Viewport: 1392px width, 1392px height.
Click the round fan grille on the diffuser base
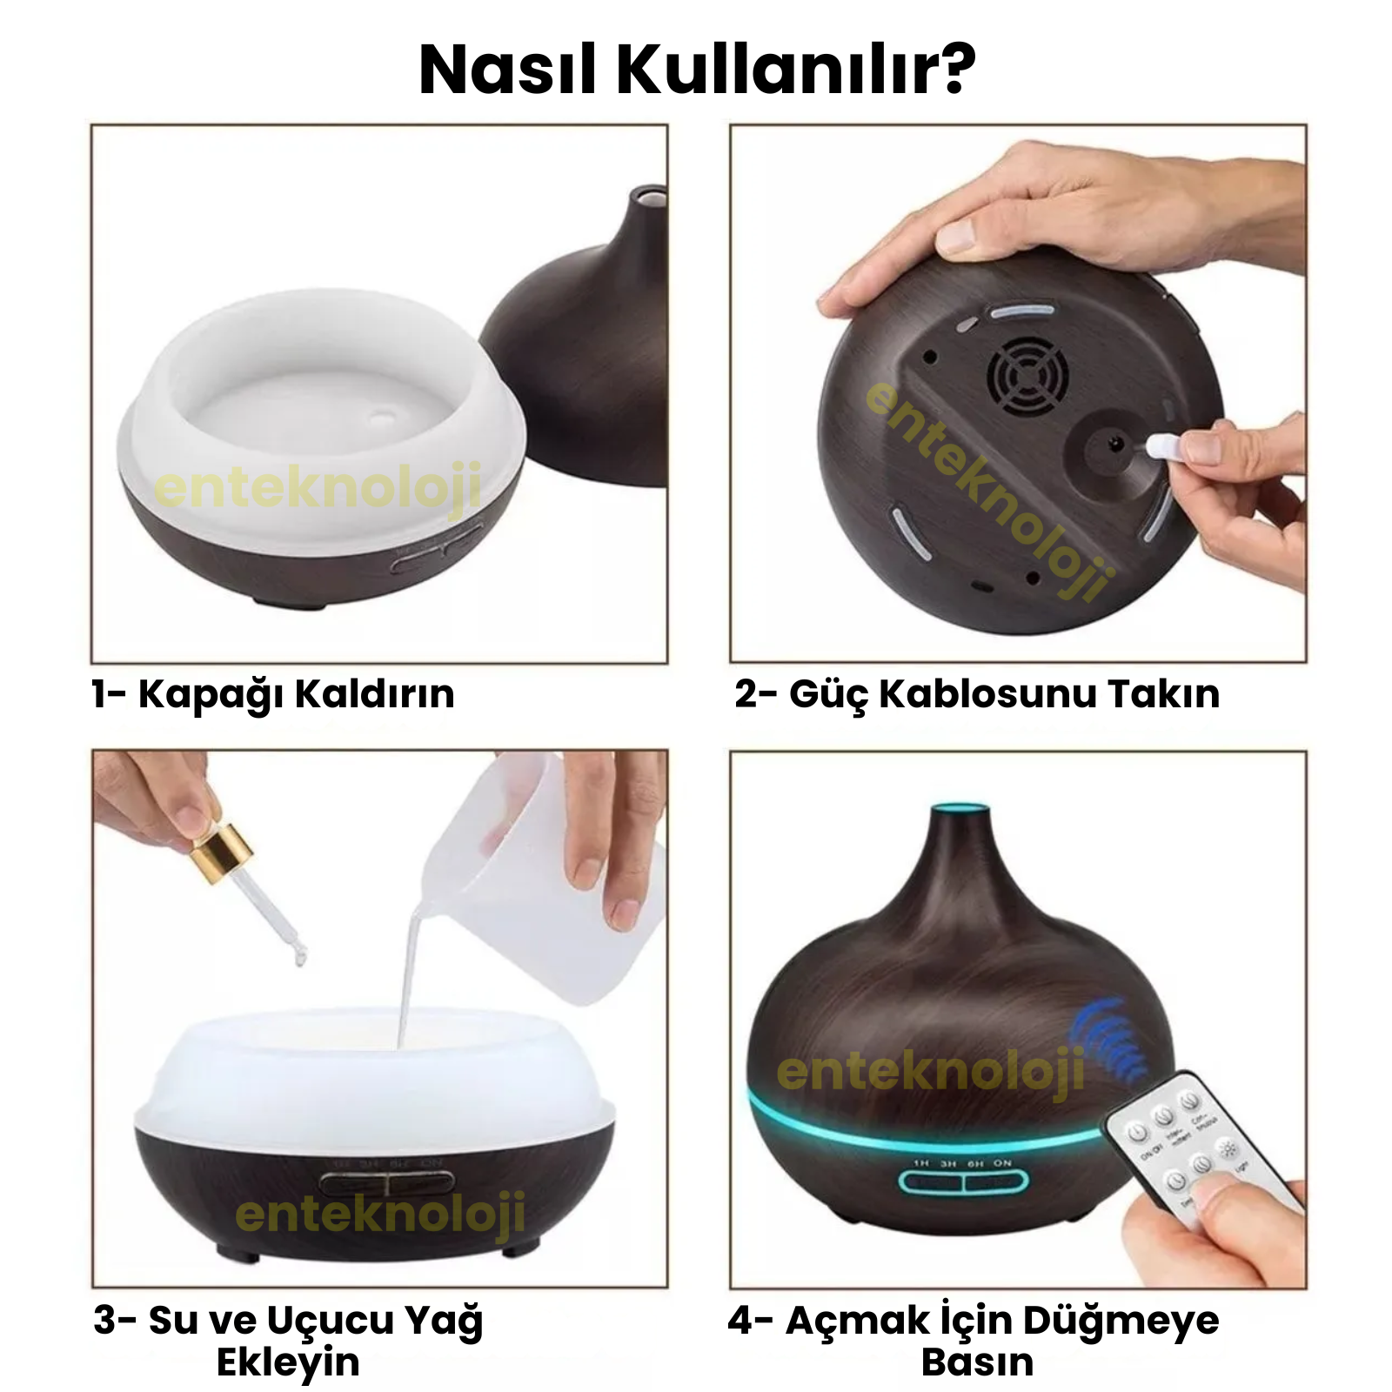(x=1027, y=376)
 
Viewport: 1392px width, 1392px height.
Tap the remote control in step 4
(x=1201, y=1148)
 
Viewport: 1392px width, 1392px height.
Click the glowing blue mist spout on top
(x=960, y=814)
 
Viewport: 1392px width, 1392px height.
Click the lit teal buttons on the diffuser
(x=962, y=1181)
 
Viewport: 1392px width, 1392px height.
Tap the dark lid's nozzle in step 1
(x=648, y=199)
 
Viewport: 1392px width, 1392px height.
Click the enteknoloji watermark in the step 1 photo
(x=318, y=487)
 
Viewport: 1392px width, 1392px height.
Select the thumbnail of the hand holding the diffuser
(x=1018, y=393)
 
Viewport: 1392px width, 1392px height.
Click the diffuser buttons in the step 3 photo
(x=387, y=1183)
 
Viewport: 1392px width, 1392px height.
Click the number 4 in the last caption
(x=740, y=1320)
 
